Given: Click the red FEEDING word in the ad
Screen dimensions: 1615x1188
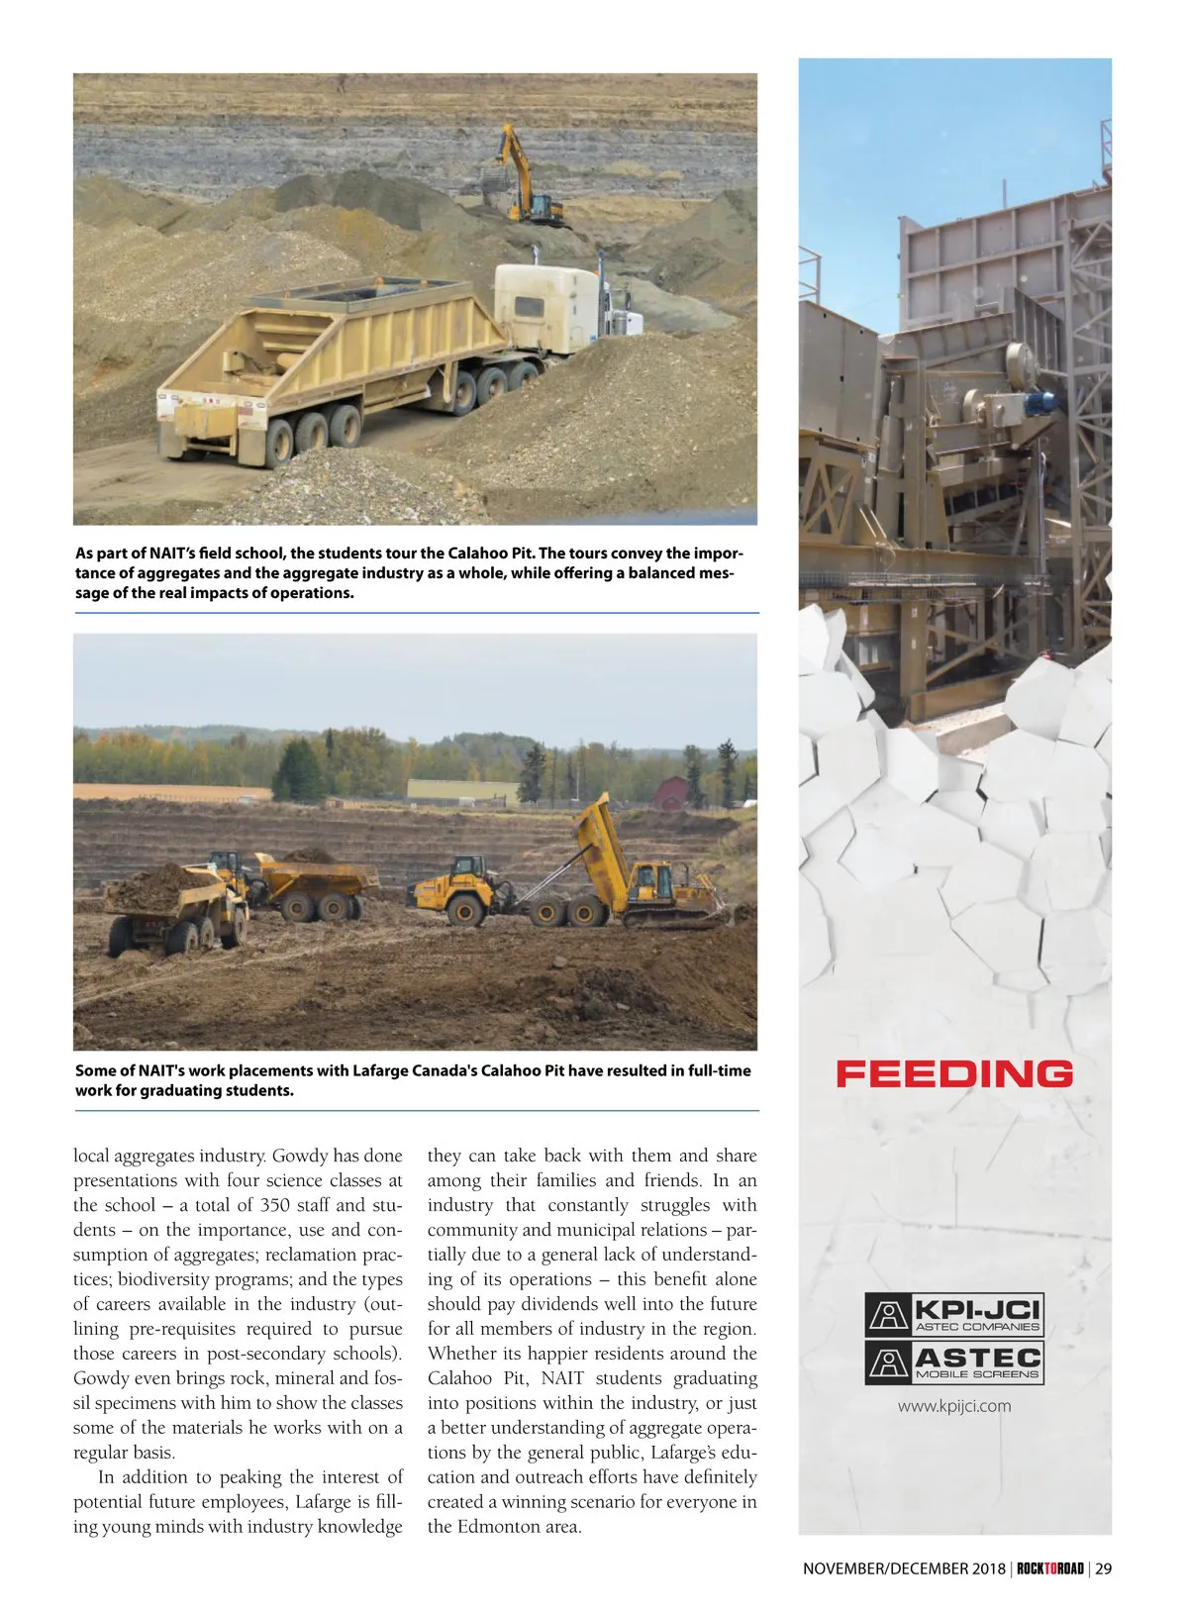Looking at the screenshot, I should (954, 1074).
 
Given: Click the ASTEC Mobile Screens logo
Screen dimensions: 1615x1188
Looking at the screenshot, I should (954, 1362).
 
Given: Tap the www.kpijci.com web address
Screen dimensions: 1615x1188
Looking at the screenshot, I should (954, 1406).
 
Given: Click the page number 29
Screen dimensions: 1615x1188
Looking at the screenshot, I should (1104, 1568).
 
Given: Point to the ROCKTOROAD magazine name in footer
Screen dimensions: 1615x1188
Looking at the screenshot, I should (1050, 1568).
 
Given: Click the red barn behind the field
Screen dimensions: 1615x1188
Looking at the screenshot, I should (670, 792).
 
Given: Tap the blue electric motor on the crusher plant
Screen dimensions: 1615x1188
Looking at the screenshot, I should (1039, 401).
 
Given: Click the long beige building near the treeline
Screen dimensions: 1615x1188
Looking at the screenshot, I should (462, 791).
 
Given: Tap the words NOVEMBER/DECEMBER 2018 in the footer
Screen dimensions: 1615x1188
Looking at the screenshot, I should (904, 1568).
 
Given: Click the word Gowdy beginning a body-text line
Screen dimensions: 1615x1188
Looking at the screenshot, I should (103, 1378).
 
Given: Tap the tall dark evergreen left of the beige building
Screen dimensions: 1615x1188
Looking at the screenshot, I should (299, 770).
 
